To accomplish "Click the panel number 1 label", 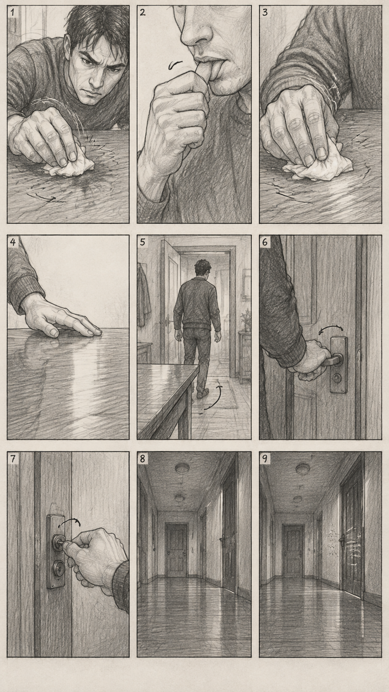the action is click(12, 12).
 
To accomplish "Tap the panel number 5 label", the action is click(143, 242).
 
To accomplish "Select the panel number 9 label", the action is click(265, 458).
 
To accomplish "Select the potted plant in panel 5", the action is click(245, 320).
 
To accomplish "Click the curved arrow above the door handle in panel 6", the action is click(331, 329).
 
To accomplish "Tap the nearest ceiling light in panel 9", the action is click(303, 469).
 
